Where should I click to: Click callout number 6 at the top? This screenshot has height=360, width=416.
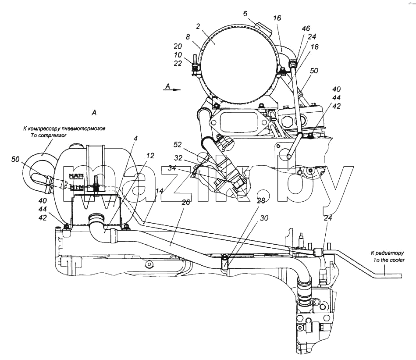point(245,13)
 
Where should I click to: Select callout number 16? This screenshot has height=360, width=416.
point(277,18)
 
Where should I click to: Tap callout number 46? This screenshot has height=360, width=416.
point(306,28)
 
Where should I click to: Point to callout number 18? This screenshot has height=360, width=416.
point(314,46)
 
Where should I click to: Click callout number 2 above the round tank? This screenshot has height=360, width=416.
point(198,26)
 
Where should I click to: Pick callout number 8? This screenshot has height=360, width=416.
point(188,36)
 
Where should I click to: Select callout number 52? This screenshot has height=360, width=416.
point(178,145)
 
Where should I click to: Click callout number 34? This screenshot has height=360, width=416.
point(172,168)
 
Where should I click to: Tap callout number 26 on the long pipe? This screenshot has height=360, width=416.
point(186,202)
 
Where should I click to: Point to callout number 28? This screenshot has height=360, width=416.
point(261,200)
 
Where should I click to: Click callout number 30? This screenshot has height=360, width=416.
point(264,218)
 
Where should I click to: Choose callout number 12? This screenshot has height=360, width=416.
point(150,156)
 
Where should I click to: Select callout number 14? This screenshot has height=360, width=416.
point(159,191)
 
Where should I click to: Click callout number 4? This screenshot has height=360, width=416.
point(135,138)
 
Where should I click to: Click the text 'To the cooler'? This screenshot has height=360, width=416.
point(389,260)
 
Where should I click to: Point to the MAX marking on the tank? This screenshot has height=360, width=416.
point(76,175)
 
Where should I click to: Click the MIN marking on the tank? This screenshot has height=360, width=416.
point(77,187)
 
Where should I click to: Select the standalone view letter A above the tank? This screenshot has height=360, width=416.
point(94,113)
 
